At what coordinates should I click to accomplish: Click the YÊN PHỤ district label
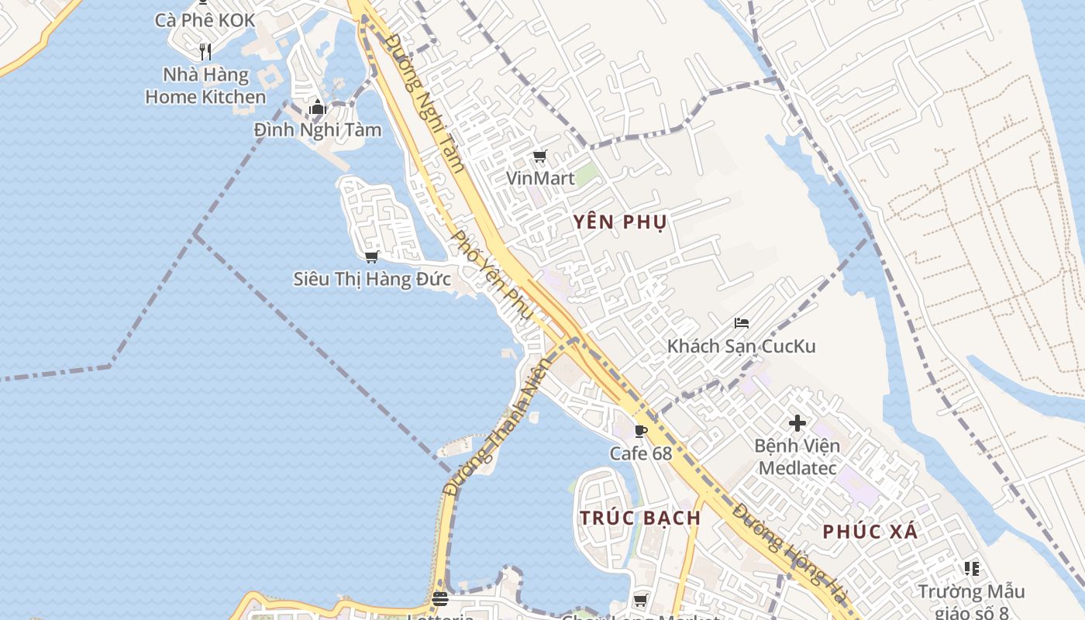coord(620,222)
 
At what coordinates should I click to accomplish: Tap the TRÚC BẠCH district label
coord(640,518)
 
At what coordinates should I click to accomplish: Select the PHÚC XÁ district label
coord(870,532)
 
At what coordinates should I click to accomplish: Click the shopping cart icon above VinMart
coord(540,157)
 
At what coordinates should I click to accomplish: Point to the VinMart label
coord(540,178)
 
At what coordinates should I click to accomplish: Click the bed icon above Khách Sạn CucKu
coord(742,323)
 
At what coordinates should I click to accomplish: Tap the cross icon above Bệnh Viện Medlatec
coord(797,423)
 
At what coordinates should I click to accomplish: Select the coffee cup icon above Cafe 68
coord(640,431)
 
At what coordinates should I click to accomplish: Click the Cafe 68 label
coord(640,453)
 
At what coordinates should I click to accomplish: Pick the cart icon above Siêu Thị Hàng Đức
coord(371,257)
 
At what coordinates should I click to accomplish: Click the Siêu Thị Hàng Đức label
coord(371,279)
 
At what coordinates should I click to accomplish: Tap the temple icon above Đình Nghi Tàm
coord(317,108)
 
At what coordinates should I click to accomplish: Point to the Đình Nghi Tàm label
coord(318,129)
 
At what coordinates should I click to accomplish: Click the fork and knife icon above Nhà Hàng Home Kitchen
coord(205,52)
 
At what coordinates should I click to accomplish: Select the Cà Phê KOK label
coord(205,20)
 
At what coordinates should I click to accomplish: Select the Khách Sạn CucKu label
coord(741,346)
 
